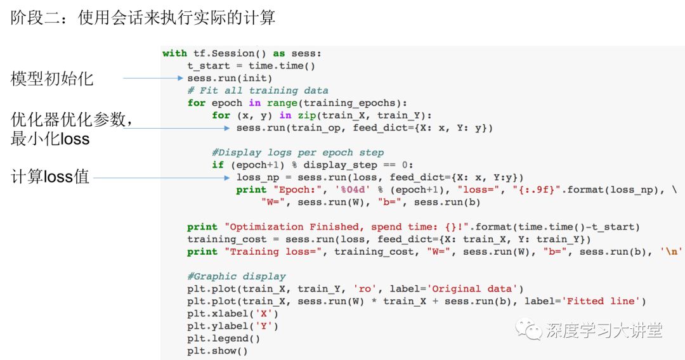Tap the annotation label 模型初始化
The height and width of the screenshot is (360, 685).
coord(52,79)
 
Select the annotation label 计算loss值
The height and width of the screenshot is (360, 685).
coord(50,178)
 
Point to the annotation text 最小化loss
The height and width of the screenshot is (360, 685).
coord(50,139)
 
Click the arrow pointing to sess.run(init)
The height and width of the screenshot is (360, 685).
coord(152,79)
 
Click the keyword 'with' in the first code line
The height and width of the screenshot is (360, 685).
coord(174,54)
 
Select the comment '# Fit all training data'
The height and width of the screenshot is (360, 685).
coord(258,91)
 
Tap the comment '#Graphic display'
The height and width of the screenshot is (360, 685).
coord(236,276)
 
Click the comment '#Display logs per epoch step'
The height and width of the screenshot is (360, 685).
coord(298,153)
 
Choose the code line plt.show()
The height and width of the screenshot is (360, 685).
coord(217,350)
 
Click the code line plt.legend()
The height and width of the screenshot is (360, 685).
coord(223,338)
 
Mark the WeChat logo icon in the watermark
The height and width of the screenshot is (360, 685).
coord(528,330)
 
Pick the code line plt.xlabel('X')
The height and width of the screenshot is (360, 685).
coord(233,314)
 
